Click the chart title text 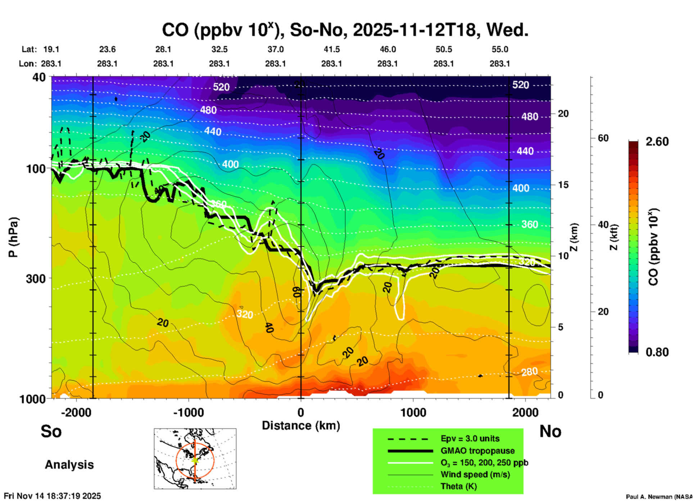345,30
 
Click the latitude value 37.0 275,50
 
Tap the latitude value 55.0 500,50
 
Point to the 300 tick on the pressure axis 36,279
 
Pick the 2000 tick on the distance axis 526,413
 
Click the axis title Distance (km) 301,426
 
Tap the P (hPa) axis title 13,237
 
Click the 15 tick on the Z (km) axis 563,185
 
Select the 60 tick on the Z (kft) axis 603,138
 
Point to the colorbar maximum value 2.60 657,142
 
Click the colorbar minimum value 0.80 657,352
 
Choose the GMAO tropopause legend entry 477,451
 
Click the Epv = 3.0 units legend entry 470,438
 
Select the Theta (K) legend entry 459,486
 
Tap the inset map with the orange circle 195,459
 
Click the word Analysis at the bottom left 69,465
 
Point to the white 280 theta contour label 530,372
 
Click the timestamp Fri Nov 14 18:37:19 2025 53,496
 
